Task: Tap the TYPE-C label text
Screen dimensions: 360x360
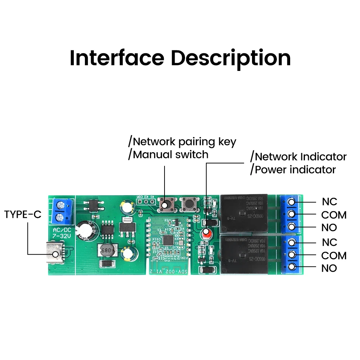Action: tap(23, 215)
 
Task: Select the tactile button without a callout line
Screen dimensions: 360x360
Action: tap(188, 205)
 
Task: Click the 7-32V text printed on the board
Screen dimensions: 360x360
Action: tap(62, 236)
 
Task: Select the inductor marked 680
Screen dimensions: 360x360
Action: tap(106, 250)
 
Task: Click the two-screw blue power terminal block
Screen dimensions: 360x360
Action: tap(62, 211)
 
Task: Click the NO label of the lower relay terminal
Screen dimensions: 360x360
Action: tap(329, 268)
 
